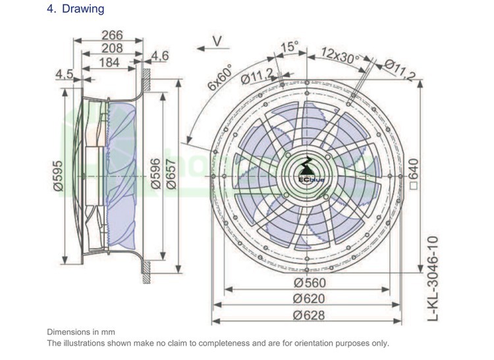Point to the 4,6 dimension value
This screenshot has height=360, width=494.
point(160,57)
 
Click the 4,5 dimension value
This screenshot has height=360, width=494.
point(65,74)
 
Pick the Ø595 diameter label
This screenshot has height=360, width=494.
point(58,176)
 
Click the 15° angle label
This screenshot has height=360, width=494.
point(289,47)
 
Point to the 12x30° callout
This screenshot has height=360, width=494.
point(341,53)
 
